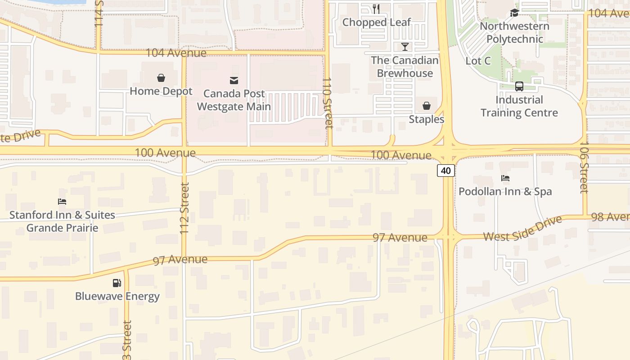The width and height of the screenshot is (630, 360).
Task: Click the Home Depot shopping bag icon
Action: pos(161,78)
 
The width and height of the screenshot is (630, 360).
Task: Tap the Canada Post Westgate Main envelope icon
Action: pos(234,81)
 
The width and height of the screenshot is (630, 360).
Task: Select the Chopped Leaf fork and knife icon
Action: pos(376,9)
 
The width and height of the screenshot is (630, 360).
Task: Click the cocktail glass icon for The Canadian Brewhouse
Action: pos(405,47)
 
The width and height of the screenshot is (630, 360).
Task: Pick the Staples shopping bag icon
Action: pos(426,106)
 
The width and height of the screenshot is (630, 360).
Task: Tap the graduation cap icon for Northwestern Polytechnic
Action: pos(514,13)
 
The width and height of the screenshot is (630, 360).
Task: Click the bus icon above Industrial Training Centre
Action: pos(519,86)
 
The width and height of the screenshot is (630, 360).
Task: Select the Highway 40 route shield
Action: pos(445,171)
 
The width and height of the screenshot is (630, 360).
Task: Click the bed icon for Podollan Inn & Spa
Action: pos(505,178)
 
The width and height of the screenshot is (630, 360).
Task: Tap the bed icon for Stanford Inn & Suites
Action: pos(62,202)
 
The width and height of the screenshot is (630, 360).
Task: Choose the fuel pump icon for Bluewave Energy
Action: pos(117,283)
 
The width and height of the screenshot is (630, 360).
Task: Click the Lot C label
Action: pos(478,61)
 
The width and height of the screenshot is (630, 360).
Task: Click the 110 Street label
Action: pos(328,103)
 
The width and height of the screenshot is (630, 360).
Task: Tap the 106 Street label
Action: pos(584,167)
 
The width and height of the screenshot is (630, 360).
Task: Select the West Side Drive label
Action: pos(522,229)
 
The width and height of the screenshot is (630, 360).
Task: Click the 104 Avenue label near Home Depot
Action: pos(175,53)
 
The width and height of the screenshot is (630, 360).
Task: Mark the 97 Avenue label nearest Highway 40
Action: pos(400,237)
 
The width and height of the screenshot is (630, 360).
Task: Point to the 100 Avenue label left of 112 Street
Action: pos(165,153)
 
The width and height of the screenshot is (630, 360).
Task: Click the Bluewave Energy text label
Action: pos(117,296)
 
